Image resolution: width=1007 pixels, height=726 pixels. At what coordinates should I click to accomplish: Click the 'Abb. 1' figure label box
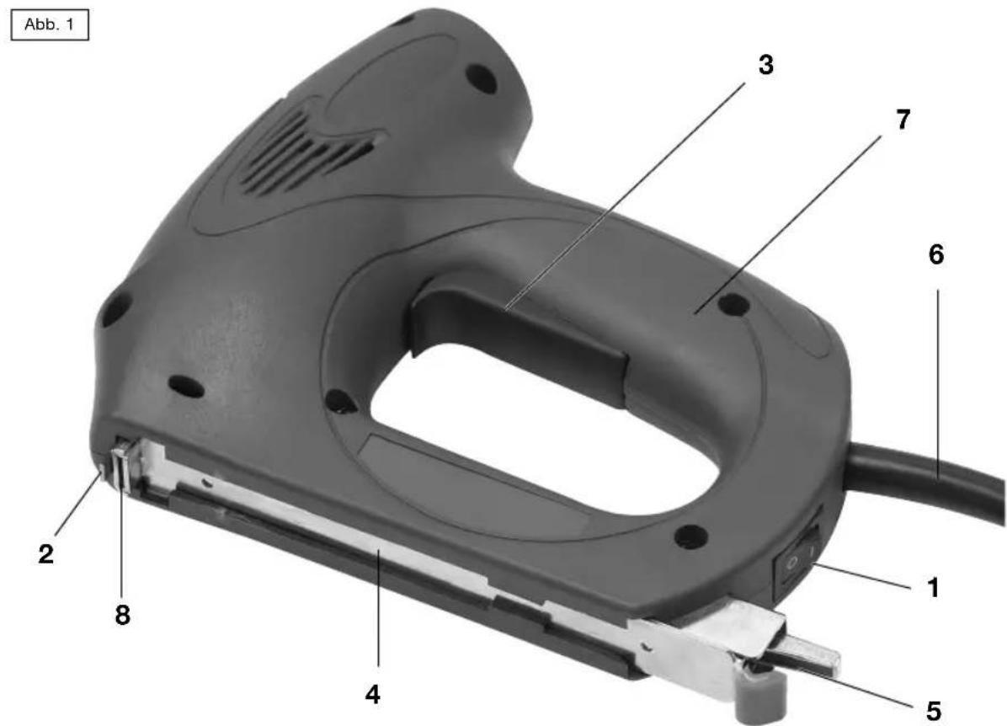click(50, 25)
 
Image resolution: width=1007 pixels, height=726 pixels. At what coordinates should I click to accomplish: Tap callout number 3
click(765, 65)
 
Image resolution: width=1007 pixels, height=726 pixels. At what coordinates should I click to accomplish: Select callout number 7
click(903, 120)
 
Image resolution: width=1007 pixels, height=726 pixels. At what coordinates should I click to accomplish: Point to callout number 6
click(936, 255)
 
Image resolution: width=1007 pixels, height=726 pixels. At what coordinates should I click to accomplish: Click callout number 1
click(933, 587)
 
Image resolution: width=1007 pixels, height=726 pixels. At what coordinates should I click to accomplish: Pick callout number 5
click(933, 710)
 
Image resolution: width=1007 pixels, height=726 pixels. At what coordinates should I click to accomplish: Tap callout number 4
click(372, 695)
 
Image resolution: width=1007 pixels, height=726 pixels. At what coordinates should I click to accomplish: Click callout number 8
click(122, 615)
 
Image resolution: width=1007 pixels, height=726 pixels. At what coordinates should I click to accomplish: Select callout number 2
click(45, 554)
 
